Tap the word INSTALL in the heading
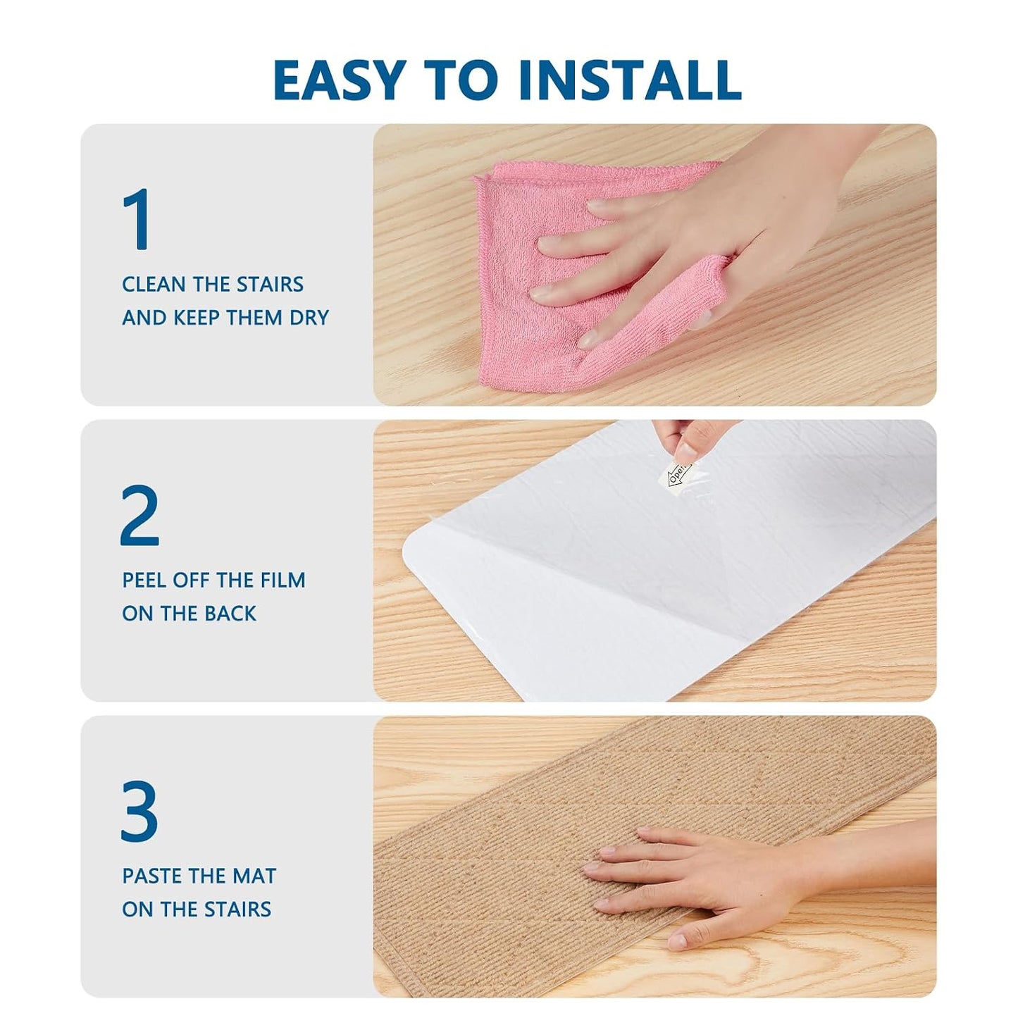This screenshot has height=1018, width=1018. (x=630, y=80)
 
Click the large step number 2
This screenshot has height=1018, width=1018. (x=139, y=514)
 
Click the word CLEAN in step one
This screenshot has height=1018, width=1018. (x=154, y=284)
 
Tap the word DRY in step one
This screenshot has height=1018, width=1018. (x=309, y=318)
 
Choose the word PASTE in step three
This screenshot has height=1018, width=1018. (x=151, y=876)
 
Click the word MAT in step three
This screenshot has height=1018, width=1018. (x=256, y=876)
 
